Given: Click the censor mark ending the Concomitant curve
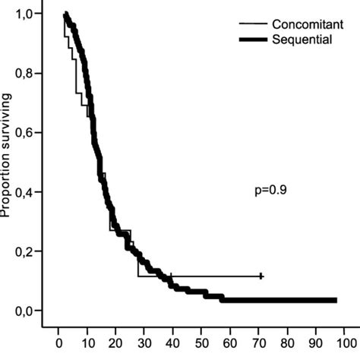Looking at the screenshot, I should click(x=261, y=276).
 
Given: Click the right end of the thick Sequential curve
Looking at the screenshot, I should click(x=336, y=301).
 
